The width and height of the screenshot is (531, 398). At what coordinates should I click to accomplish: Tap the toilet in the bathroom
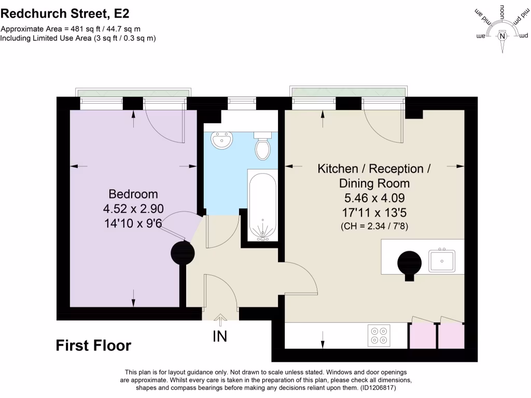click(x=263, y=147)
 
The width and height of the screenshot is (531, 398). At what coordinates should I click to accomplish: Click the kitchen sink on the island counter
click(x=442, y=261)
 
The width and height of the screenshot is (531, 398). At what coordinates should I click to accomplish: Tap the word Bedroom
click(x=133, y=194)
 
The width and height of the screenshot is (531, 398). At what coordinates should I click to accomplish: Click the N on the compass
click(x=502, y=36)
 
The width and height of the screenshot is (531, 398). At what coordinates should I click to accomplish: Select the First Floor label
click(x=93, y=346)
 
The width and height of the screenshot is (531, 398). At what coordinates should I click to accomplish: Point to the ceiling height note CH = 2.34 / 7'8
click(x=374, y=226)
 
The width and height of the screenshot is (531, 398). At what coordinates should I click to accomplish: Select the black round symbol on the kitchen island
click(x=410, y=263)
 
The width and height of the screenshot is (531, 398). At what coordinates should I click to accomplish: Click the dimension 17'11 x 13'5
click(x=374, y=211)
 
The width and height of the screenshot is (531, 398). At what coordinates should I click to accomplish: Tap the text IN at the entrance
click(x=220, y=336)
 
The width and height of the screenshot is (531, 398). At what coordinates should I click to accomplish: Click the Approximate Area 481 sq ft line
click(x=71, y=29)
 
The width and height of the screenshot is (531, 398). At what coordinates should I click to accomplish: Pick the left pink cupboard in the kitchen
click(x=422, y=335)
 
